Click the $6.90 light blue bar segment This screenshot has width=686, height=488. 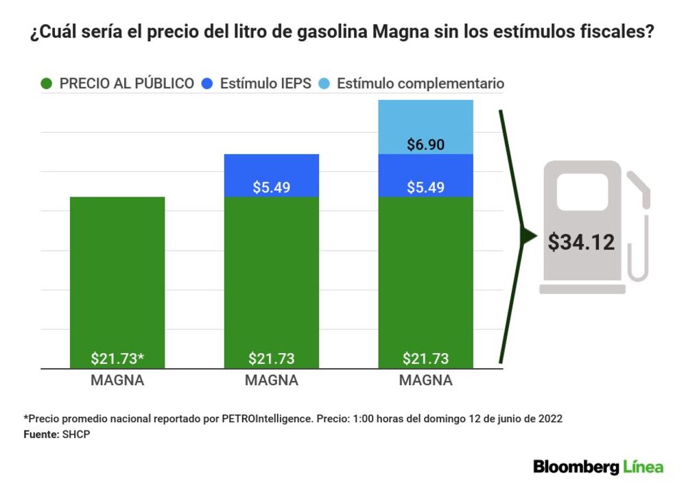pos(426,127)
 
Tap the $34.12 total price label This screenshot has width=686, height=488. pos(581,242)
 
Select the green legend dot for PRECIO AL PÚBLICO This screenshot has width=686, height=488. pos(47,84)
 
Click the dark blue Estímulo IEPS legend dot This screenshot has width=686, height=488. pos(208,84)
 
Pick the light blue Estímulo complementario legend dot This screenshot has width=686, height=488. pos(325,84)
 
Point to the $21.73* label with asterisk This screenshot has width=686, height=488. pos(118,358)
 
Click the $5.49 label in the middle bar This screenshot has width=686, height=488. pos(271,187)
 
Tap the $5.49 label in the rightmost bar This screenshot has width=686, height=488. pos(426,187)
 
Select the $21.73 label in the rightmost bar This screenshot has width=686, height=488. pos(426,358)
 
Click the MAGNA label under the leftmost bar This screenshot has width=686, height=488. pos(117,381)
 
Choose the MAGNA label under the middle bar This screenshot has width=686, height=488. pos(272,381)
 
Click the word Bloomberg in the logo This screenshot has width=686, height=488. pos(576,467)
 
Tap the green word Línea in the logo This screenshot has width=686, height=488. pos(643,467)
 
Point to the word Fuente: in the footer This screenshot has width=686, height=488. pos(41,434)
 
